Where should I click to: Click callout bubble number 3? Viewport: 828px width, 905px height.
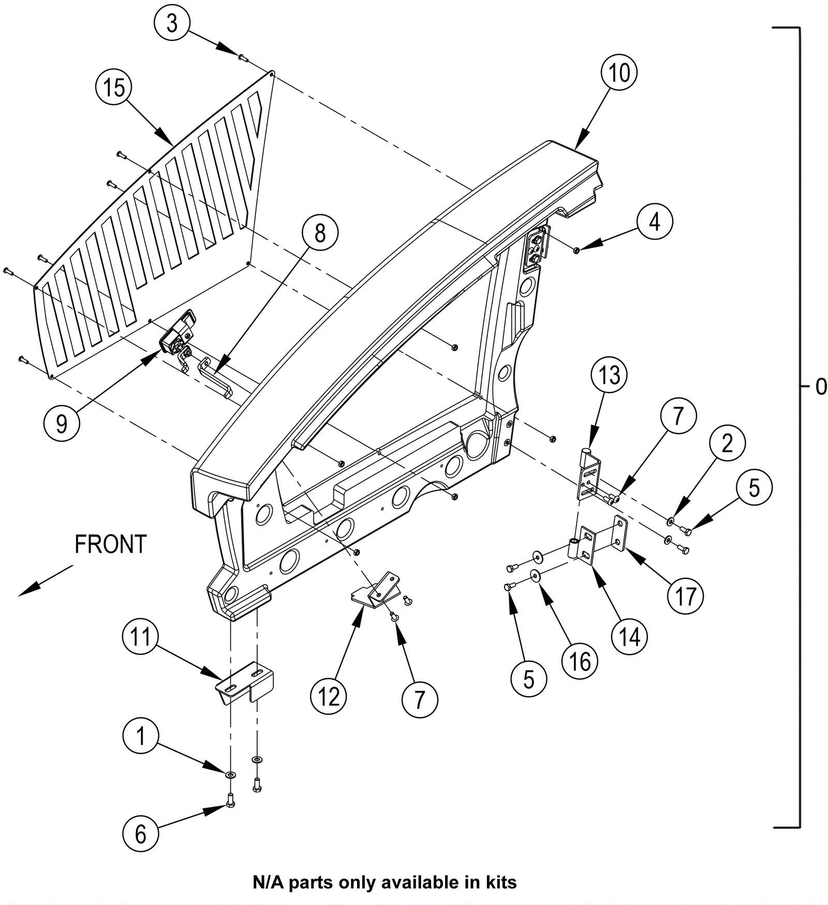tap(172, 24)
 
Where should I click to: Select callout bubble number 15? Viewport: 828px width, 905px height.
tap(114, 87)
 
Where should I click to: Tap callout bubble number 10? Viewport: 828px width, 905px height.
tap(619, 73)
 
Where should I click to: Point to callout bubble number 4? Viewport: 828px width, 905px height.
tap(655, 222)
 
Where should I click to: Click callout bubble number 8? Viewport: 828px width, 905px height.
tap(320, 233)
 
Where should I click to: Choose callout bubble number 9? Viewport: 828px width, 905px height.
tap(62, 424)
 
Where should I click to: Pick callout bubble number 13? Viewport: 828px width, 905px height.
tap(609, 375)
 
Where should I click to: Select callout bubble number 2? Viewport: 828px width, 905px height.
tap(727, 443)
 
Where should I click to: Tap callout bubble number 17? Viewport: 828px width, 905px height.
tap(686, 596)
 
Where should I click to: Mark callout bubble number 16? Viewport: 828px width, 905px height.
tap(580, 661)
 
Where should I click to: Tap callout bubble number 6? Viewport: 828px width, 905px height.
tap(140, 834)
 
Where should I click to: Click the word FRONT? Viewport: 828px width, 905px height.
tap(111, 545)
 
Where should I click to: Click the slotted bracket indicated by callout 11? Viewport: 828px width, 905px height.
tap(244, 682)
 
